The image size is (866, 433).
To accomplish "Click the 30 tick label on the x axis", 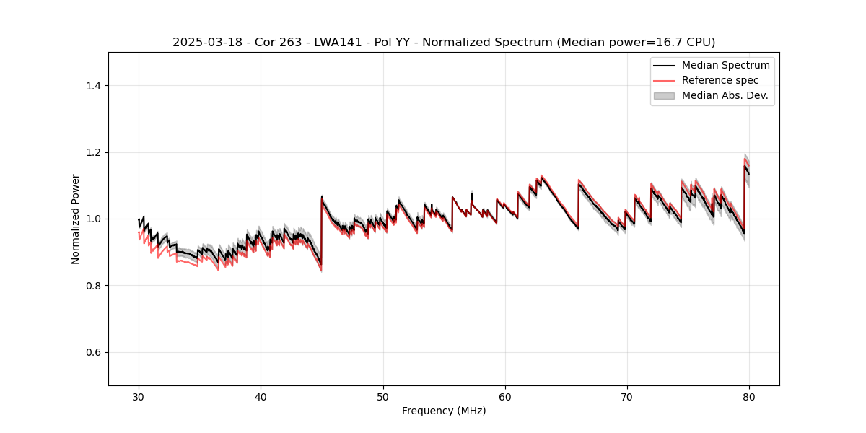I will pos(139,397).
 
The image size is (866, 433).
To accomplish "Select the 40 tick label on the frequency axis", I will pos(261,397).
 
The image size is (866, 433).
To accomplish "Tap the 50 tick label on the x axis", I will pos(383,397).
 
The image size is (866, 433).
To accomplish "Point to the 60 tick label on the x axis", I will pos(505,397).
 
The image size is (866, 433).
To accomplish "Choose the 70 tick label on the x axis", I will pos(627,397).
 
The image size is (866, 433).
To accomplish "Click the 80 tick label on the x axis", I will pos(749,397).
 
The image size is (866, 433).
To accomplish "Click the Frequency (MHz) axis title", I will pos(444,411).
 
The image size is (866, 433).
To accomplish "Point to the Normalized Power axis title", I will pos(76,219).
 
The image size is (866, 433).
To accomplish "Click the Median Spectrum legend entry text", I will pos(725,65).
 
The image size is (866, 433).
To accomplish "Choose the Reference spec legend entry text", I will pos(720,80).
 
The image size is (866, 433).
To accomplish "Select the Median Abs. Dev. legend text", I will pos(725,95).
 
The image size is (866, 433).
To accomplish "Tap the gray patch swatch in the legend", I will pos(664,95).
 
